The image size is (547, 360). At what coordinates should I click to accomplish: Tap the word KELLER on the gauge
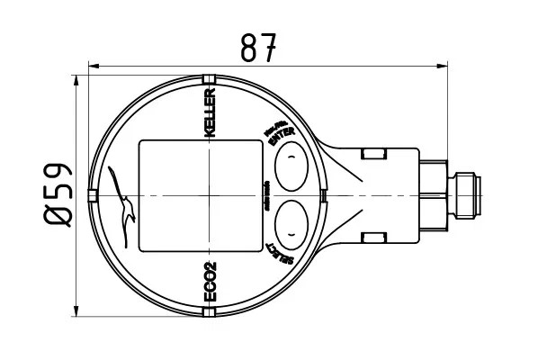(x=211, y=112)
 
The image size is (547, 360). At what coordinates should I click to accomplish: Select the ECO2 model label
(x=211, y=282)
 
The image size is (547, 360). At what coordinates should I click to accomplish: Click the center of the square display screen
(x=199, y=195)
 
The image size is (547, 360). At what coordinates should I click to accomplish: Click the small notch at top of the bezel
(x=209, y=79)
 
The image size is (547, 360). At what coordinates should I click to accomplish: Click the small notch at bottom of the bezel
(x=209, y=312)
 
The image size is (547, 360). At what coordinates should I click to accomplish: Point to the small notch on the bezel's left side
(x=92, y=195)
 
